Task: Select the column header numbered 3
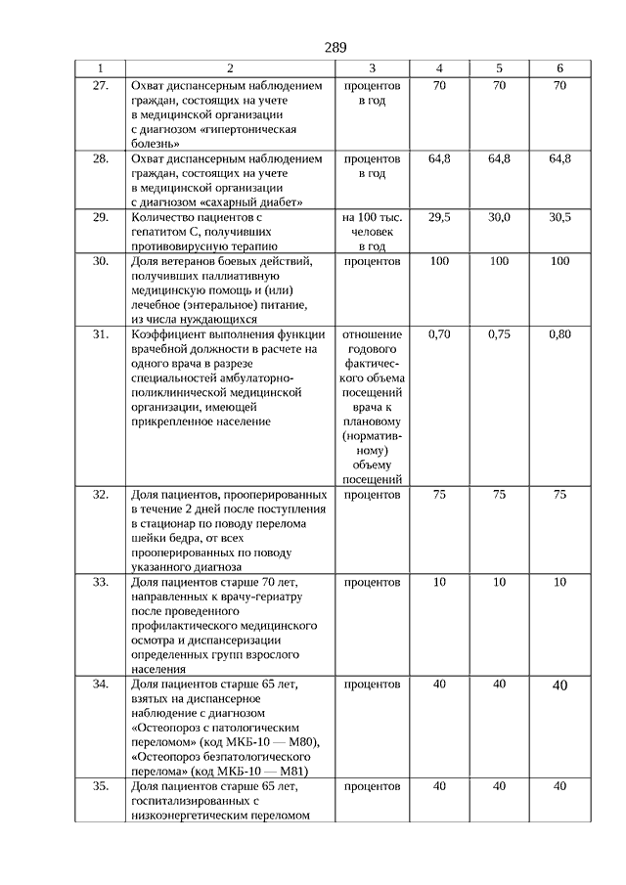373,68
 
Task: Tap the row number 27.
100,86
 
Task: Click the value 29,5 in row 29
439,218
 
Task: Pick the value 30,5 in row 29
559,218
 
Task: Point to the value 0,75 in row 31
499,334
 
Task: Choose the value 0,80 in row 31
559,334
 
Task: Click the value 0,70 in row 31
439,334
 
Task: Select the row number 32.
100,495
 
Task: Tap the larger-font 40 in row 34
559,686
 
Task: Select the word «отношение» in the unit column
373,334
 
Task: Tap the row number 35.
100,786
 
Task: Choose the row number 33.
100,582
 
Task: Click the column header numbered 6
559,68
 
